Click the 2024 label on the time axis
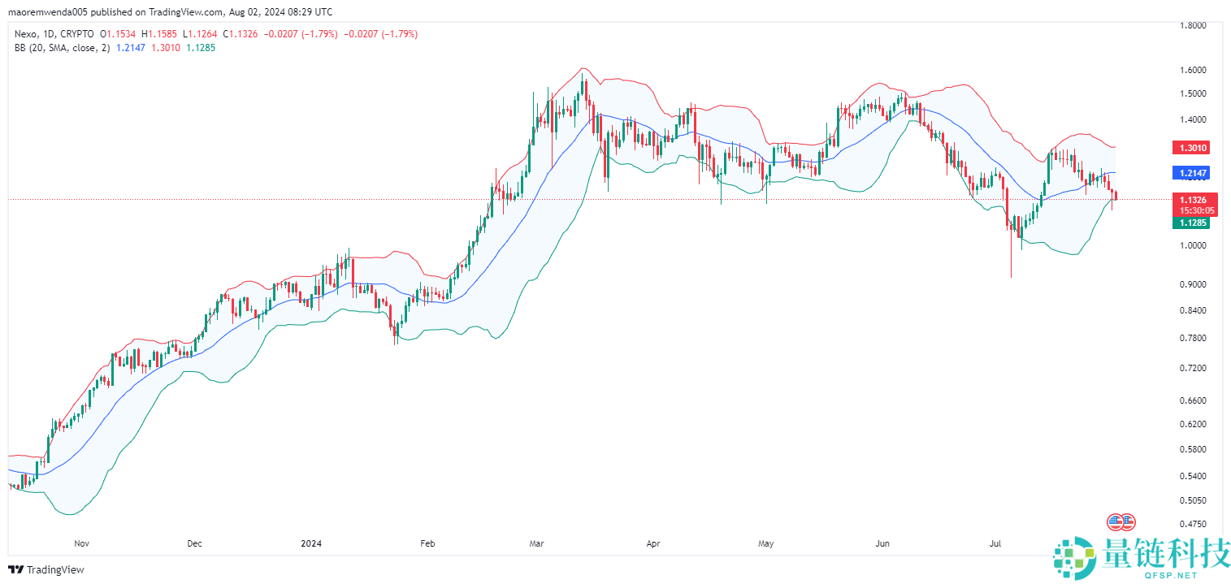(x=311, y=543)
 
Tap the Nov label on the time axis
(x=81, y=543)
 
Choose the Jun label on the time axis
(x=883, y=543)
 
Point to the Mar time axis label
(x=535, y=543)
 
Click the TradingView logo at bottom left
(x=46, y=569)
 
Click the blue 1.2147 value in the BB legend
(x=132, y=48)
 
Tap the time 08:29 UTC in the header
(x=312, y=12)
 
